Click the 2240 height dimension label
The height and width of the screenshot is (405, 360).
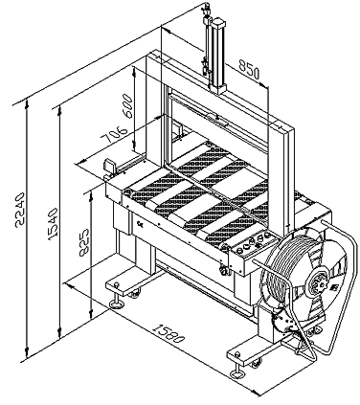[19, 210]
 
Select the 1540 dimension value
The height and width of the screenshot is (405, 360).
[53, 224]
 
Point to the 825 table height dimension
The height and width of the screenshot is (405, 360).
[84, 242]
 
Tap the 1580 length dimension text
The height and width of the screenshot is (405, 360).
[169, 333]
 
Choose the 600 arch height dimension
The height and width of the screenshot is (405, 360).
[127, 106]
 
